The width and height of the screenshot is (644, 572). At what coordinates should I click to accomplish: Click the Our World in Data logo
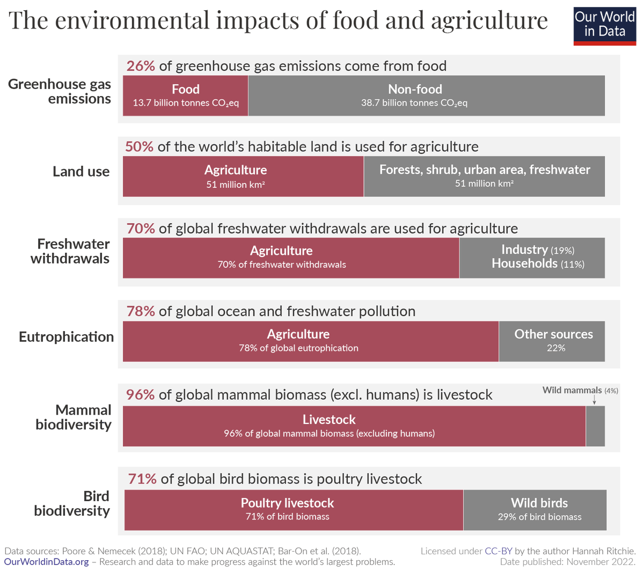[x=604, y=25]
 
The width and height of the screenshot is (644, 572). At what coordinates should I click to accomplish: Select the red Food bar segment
[x=185, y=96]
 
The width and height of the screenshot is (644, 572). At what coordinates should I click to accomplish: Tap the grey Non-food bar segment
[x=426, y=96]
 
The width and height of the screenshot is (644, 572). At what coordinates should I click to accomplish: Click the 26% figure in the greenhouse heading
[x=141, y=66]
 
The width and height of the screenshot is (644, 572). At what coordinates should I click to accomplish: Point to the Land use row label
[x=80, y=172]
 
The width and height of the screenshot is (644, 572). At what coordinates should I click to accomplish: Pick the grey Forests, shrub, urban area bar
[x=484, y=176]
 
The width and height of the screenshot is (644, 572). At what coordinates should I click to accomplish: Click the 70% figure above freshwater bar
[x=141, y=229]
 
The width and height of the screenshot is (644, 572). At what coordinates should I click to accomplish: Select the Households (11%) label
[x=538, y=264]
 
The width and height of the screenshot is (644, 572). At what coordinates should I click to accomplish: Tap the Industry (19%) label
[x=538, y=250]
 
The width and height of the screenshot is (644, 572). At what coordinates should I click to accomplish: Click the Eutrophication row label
[x=66, y=337]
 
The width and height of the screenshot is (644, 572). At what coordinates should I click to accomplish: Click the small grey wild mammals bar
[x=595, y=426]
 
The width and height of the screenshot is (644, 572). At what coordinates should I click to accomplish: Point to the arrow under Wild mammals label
[x=594, y=400]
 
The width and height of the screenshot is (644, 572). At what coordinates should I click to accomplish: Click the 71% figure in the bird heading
[x=142, y=479]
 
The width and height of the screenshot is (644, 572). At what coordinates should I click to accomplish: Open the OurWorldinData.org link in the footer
[x=47, y=562]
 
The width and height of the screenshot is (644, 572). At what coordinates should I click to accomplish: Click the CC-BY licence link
[x=499, y=551]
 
